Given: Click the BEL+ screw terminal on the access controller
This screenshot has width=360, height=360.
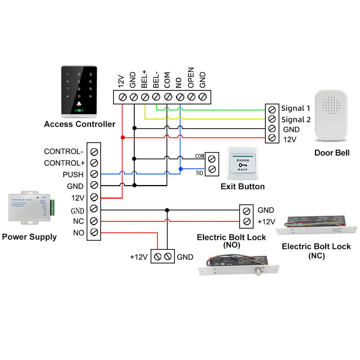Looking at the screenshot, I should pos(145,97).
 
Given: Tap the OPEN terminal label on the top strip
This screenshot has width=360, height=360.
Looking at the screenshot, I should pos(191,77).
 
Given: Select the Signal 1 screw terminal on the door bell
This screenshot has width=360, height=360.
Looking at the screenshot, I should pos(272,109).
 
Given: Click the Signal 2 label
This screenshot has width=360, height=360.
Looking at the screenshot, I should pos(296,120).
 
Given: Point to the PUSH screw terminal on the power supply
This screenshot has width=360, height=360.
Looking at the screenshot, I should pos(94,174).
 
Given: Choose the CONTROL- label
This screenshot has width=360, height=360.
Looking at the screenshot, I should pos(63,151).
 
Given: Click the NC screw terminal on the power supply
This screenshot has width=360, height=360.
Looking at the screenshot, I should pos(94,221).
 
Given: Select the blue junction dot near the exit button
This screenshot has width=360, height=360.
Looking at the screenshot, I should pos(180,168).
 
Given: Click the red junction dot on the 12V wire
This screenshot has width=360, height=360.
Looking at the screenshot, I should pos(122,138).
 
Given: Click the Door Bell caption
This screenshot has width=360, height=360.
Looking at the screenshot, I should pos(332,153).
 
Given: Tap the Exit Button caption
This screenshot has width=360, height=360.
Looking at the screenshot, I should pos(242,186).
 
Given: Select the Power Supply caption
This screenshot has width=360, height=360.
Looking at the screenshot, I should pos(29,237).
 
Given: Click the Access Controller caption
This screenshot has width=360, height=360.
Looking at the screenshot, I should pos(80,124).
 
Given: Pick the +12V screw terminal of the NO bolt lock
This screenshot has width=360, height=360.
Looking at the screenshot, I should pos(157,257).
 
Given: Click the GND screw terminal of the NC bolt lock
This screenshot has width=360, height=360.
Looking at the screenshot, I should pos(247,210).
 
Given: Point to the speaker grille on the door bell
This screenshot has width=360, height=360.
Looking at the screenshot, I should pos(332,105).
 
